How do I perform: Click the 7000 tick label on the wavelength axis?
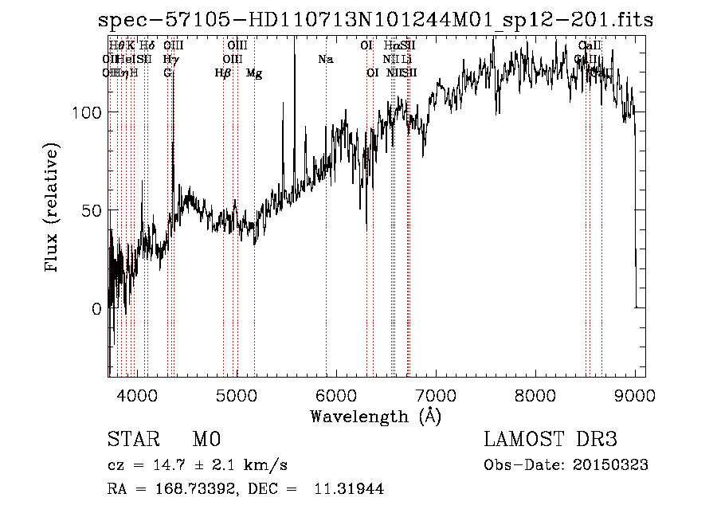point(435,394)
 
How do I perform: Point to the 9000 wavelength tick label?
point(634,394)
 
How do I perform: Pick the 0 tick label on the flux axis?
point(97,308)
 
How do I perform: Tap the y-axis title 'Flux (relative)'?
point(53,210)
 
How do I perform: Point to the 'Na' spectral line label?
point(325,59)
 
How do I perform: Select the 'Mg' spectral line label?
point(254,73)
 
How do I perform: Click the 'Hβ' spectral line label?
point(223,73)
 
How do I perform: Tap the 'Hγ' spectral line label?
point(170,59)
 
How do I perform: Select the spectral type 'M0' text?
point(206,440)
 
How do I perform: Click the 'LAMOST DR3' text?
point(550,440)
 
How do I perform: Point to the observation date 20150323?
point(614,465)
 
